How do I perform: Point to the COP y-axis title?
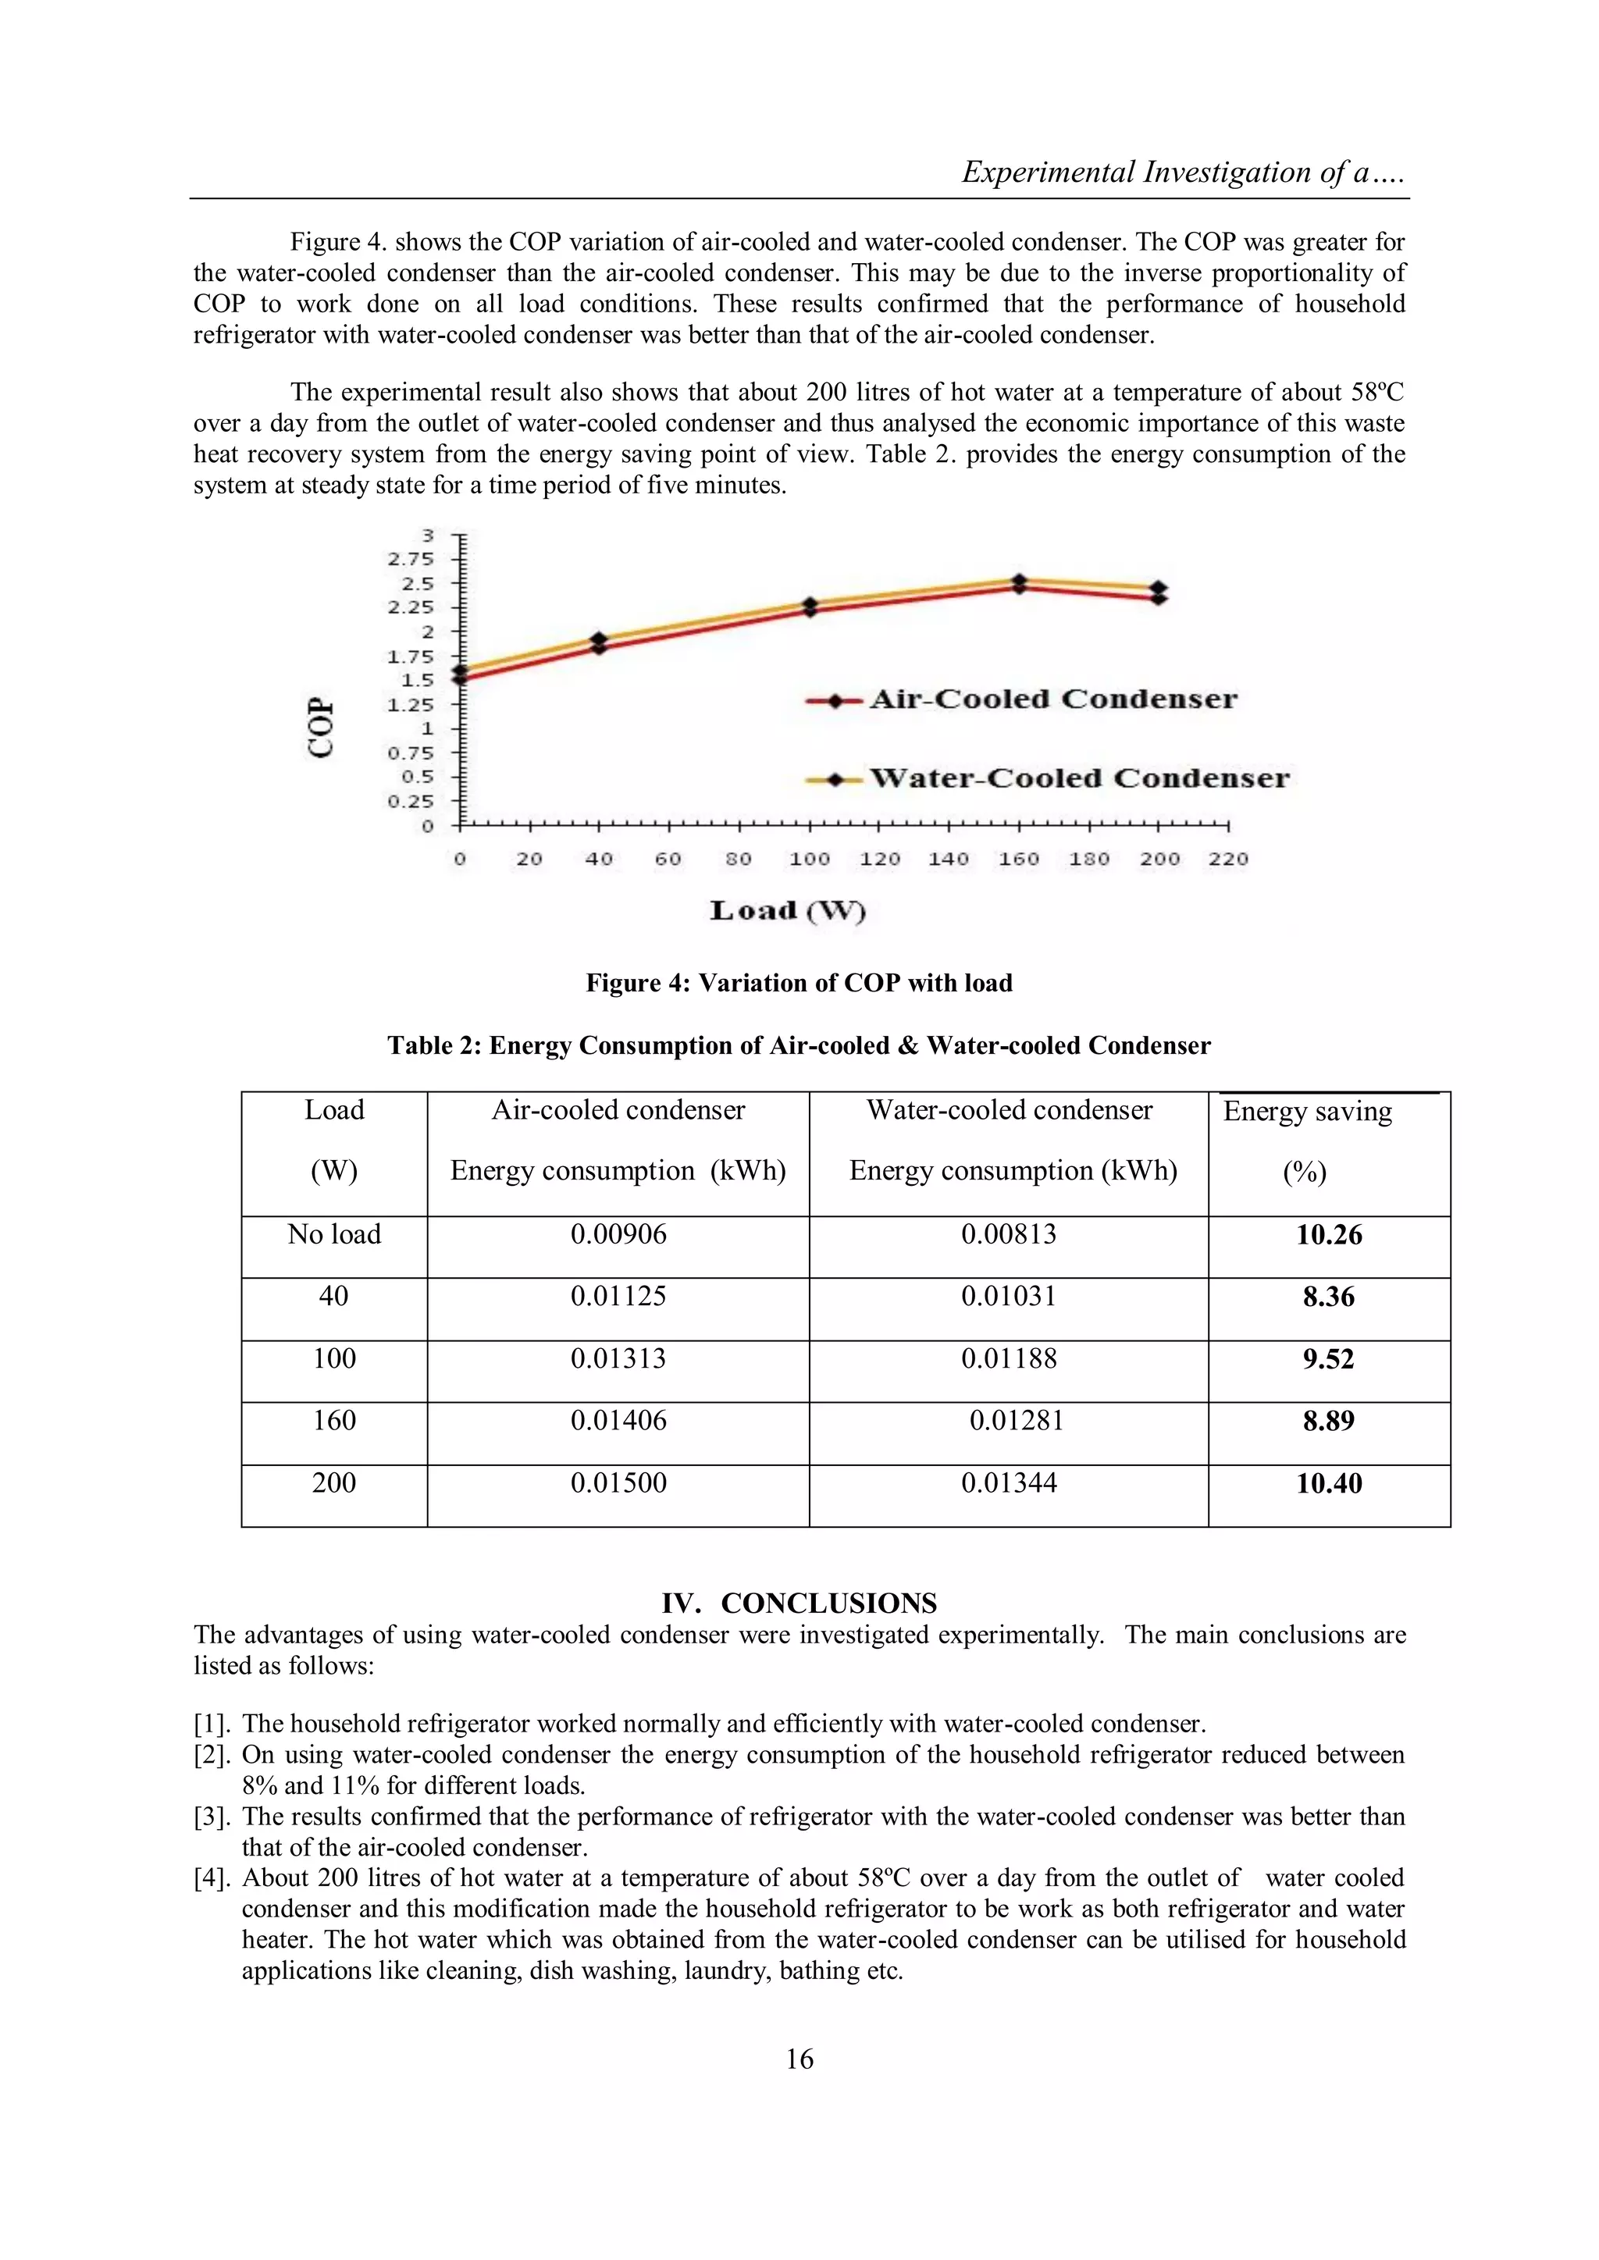coord(321,728)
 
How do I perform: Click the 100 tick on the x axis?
coord(810,860)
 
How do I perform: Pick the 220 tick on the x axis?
coord(1228,860)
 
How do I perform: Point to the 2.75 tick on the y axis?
coord(410,559)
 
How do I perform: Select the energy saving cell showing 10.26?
coord(1328,1235)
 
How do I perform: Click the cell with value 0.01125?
coord(618,1297)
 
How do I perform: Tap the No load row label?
coord(334,1234)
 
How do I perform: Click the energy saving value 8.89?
coord(1328,1422)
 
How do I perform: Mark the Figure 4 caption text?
coord(799,984)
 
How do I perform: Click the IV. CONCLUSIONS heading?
coord(799,1603)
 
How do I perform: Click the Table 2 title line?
coord(799,1045)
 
